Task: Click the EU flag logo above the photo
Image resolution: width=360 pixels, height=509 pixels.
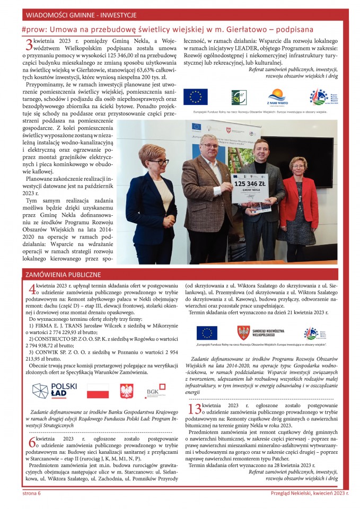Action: tap(195, 97)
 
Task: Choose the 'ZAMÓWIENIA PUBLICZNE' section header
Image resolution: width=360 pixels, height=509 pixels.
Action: tap(63, 275)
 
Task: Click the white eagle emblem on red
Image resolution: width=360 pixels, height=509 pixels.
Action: tap(127, 391)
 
